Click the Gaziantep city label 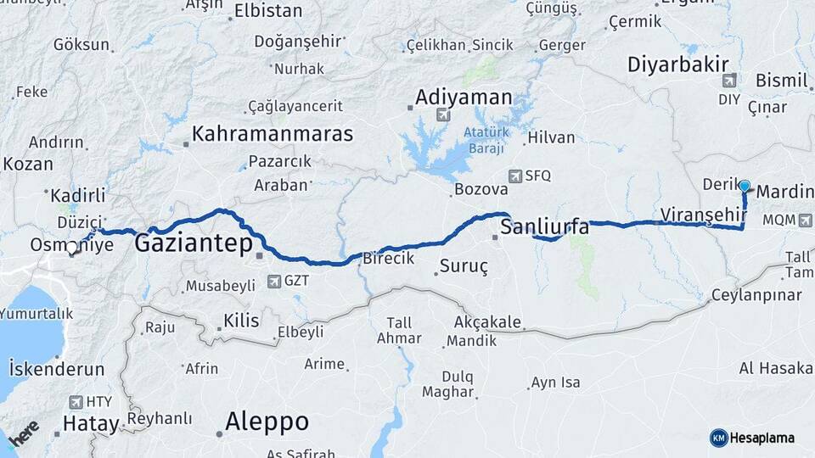194,245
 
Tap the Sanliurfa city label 544,226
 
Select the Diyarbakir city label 679,64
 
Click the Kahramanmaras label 272,134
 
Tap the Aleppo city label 267,422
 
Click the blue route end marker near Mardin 745,186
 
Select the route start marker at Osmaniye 73,249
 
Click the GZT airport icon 276,281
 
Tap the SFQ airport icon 514,176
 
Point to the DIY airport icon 728,81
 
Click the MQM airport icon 804,220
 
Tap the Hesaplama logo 752,438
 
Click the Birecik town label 388,259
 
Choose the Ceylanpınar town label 758,294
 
